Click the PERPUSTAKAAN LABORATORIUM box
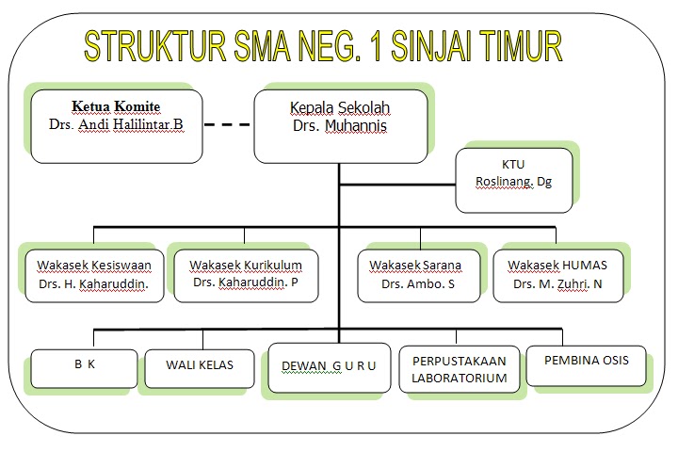[x=459, y=369]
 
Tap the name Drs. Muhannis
[x=340, y=125]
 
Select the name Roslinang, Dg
[x=514, y=182]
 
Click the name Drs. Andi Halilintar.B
[x=117, y=124]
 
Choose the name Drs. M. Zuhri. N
[x=558, y=283]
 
